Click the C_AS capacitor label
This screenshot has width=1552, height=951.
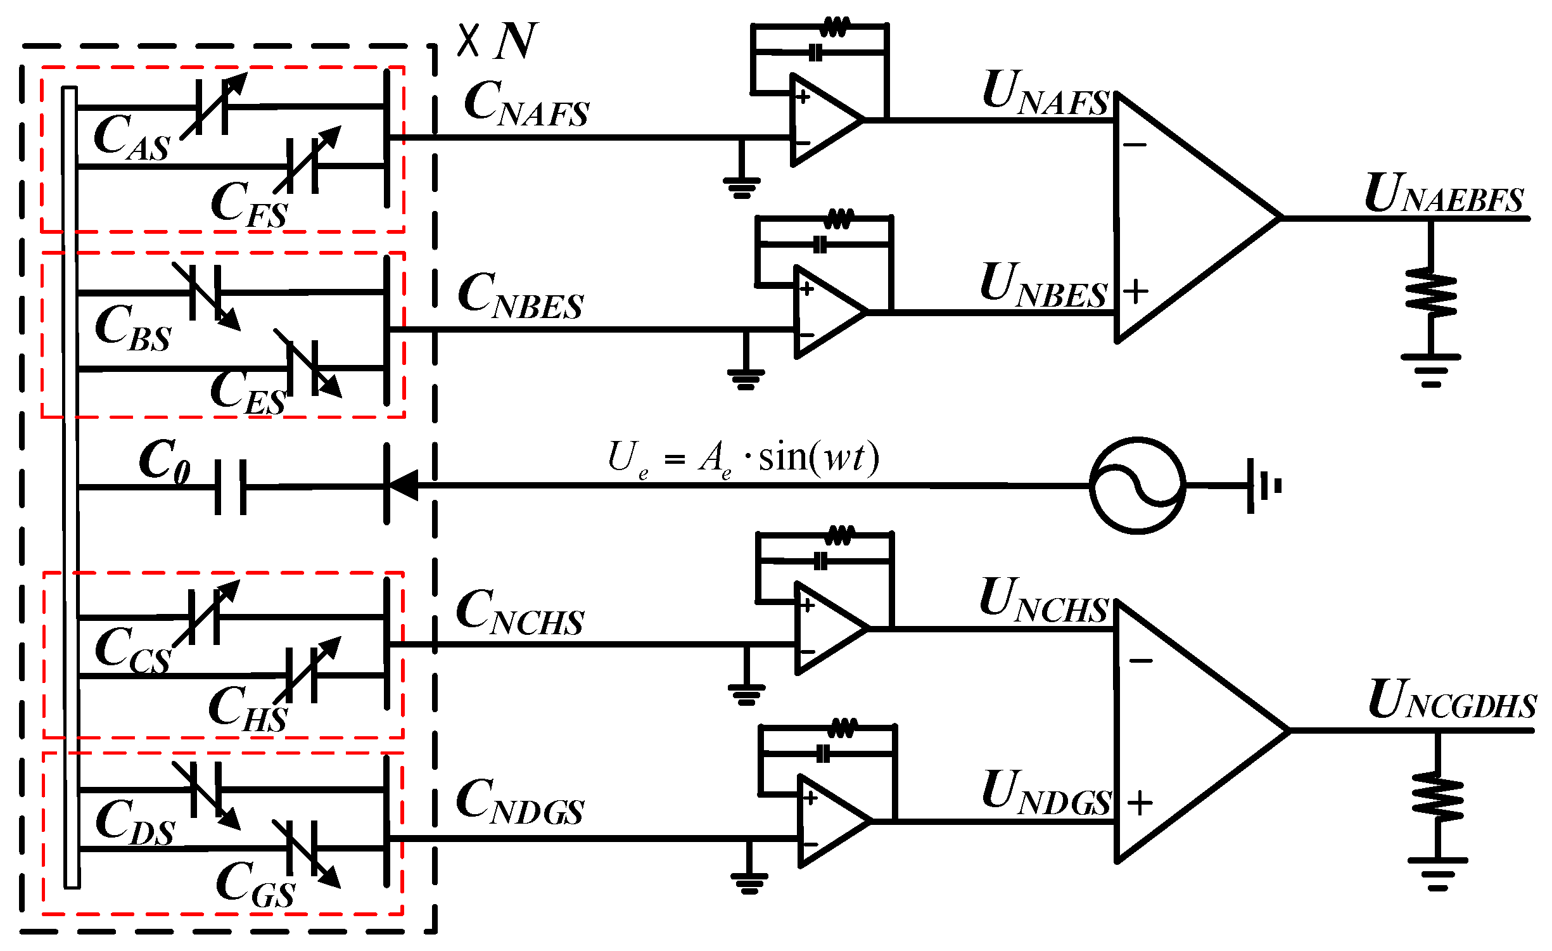(132, 137)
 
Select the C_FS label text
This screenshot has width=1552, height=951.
(249, 204)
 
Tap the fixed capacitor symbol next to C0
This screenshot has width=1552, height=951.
(231, 487)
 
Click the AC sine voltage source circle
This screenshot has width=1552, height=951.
(1137, 486)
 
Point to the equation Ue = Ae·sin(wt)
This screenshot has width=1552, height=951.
(743, 458)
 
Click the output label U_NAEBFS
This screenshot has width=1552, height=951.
(1444, 194)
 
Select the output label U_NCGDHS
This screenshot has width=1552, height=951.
(1452, 700)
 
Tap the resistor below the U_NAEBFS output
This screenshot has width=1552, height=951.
(1431, 293)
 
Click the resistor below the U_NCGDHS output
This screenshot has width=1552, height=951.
(1437, 797)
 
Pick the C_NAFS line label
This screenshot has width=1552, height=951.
(526, 105)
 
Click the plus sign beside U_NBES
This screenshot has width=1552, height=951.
(1136, 291)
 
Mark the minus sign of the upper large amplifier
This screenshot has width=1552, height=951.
(1135, 145)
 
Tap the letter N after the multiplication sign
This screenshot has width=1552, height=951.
(516, 41)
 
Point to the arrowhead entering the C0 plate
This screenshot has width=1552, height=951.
(404, 486)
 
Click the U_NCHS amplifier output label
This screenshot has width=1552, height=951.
(1044, 600)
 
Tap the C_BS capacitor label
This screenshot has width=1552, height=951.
(133, 328)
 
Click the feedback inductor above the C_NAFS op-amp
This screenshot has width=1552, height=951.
(834, 28)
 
